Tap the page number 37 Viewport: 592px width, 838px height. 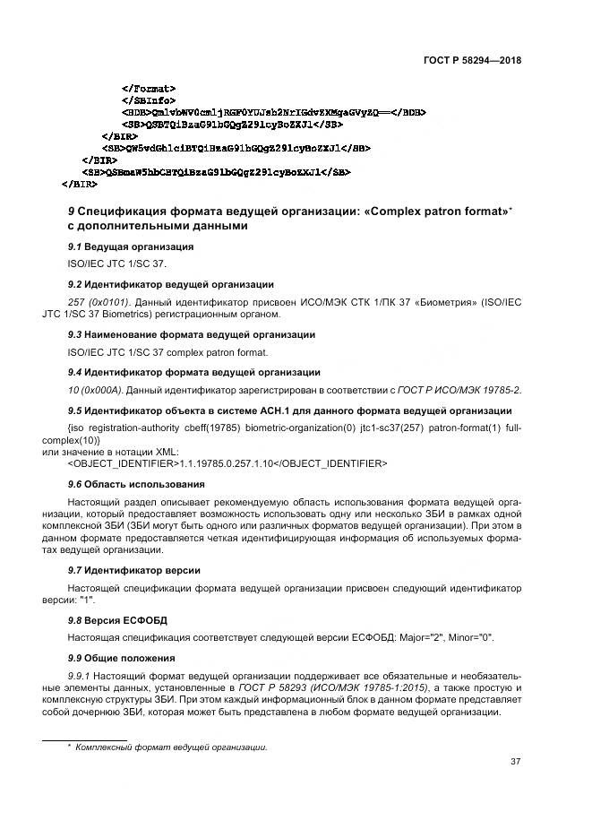click(x=515, y=762)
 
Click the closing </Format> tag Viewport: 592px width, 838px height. click(x=148, y=89)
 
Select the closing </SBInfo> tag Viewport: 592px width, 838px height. click(x=149, y=100)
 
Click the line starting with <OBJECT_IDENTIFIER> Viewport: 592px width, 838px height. click(x=227, y=462)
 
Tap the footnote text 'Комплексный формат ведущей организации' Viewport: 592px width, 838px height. click(x=172, y=747)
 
